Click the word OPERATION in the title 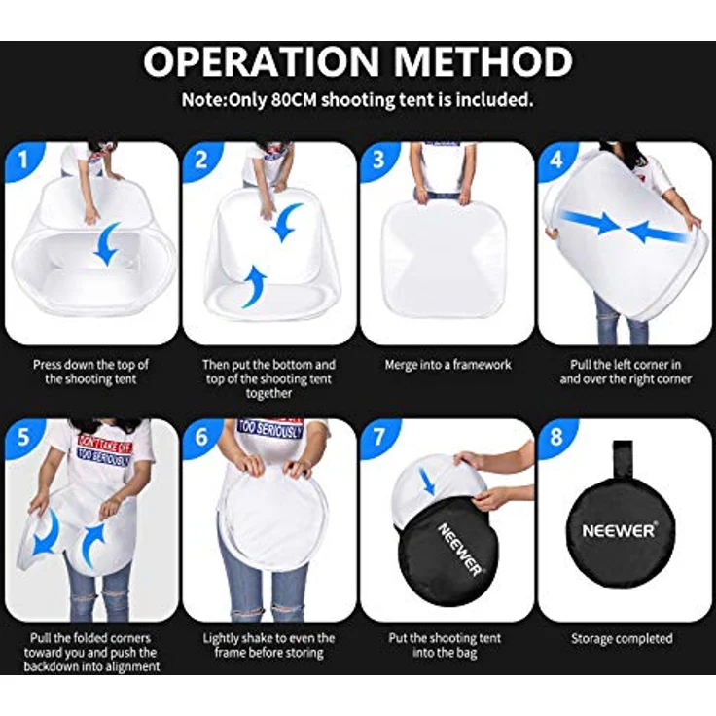[262, 61]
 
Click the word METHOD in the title [483, 61]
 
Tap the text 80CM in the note [294, 99]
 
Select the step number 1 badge [23, 160]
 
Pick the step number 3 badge [379, 160]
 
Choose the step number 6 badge [201, 437]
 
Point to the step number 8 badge [556, 437]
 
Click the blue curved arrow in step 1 [107, 243]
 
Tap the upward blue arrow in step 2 [254, 288]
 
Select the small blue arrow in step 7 [428, 483]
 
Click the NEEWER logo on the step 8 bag [619, 530]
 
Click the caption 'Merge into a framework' [447, 365]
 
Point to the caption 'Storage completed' [622, 638]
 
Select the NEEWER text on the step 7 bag [460, 550]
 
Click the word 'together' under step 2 [268, 394]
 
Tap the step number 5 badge [23, 437]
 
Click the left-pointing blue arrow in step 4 [659, 232]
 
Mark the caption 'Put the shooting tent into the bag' [445, 646]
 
